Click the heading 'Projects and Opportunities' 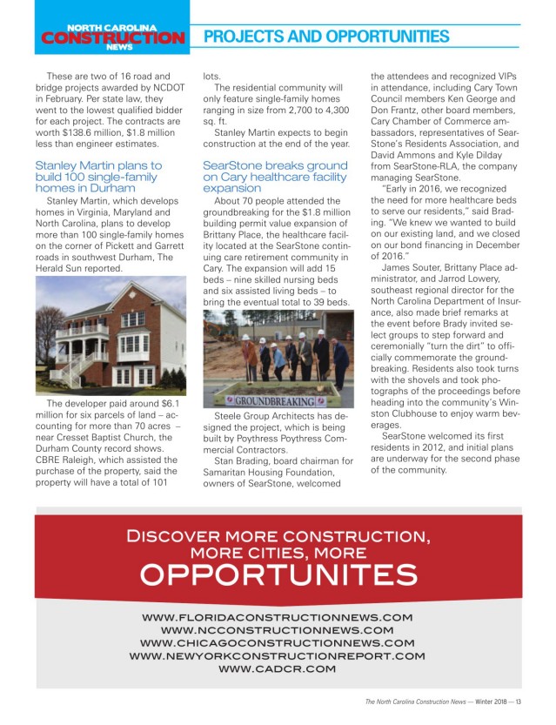325,37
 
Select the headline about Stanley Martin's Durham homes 97,176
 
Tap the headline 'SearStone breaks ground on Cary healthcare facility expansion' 275,176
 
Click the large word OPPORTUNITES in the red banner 278,574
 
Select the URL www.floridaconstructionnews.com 278,617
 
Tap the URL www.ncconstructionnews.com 278,629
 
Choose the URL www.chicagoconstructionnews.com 278,642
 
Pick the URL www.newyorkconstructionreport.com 278,655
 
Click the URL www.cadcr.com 278,668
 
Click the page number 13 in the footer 518,702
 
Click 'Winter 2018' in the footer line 486,702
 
